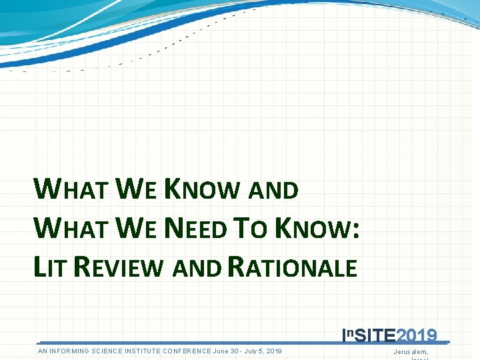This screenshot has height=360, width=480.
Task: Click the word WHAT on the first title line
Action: pos(71,190)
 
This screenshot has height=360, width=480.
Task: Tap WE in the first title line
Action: pos(137,190)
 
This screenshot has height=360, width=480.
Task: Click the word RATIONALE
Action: pos(293,267)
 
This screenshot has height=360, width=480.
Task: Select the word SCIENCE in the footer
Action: pos(119,351)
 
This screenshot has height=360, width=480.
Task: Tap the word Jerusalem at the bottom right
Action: pos(411,351)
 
